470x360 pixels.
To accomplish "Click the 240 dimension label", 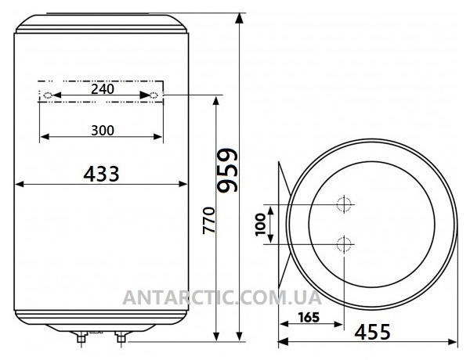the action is pyautogui.click(x=103, y=89).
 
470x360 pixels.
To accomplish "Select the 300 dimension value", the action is pyautogui.click(x=103, y=131).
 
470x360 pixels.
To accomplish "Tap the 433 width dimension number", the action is pyautogui.click(x=101, y=174).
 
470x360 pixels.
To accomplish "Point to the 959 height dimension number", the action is pyautogui.click(x=228, y=170).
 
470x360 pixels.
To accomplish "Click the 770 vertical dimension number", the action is pyautogui.click(x=209, y=220).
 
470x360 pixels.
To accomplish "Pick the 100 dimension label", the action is pyautogui.click(x=261, y=225).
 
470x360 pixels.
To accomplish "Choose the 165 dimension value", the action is pyautogui.click(x=309, y=318).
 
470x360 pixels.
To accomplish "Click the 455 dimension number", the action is pyautogui.click(x=372, y=332).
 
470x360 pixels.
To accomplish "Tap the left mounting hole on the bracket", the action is pyautogui.click(x=48, y=95).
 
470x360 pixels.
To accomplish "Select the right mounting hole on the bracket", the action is pyautogui.click(x=154, y=95).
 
